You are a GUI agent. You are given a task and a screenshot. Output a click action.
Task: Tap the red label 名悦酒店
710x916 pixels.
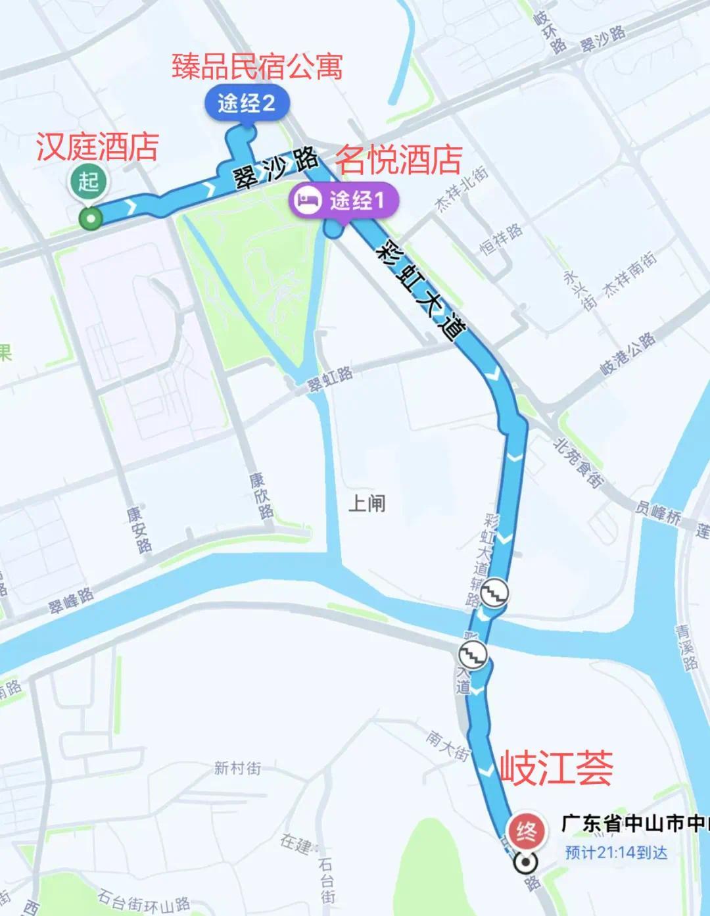tap(399, 160)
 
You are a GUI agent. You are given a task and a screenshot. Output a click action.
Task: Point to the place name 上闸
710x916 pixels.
tap(367, 504)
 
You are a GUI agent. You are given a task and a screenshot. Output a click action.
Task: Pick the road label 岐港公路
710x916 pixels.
tap(628, 354)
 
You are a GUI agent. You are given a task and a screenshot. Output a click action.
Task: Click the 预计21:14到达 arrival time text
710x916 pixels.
tap(616, 852)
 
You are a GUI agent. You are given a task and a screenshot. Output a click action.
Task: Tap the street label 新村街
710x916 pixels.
tap(237, 767)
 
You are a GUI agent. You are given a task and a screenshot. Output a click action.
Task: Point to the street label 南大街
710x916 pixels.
tap(447, 745)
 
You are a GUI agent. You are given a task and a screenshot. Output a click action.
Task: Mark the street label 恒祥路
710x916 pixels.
tap(502, 240)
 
